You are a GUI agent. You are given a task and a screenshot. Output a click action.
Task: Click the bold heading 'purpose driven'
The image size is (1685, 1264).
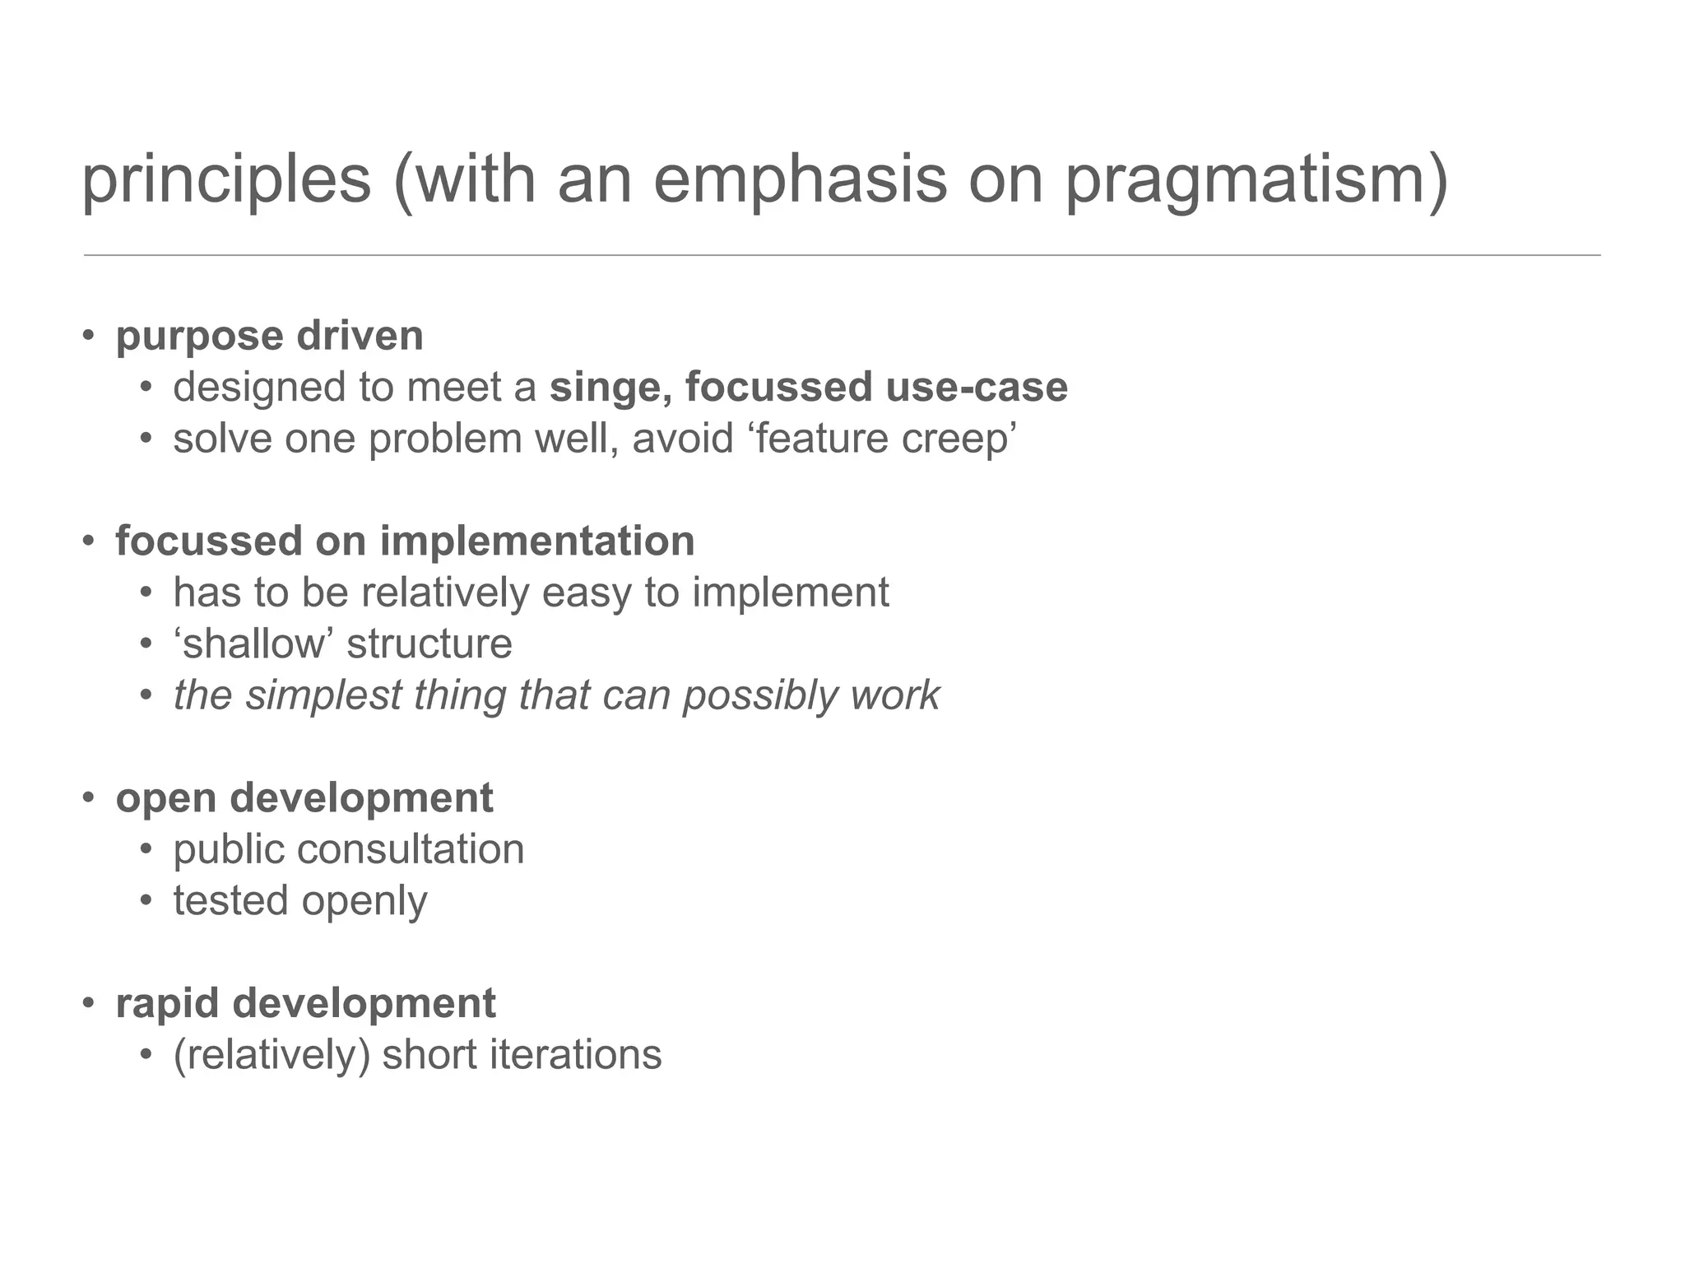click(269, 336)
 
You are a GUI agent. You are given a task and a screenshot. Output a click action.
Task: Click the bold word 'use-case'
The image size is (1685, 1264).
click(977, 387)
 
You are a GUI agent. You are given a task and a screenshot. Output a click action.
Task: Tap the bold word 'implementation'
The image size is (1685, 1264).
click(536, 541)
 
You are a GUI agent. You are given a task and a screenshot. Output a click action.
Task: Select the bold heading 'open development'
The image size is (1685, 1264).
click(304, 798)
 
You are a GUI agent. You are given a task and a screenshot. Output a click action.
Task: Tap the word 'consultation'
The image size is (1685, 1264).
click(410, 849)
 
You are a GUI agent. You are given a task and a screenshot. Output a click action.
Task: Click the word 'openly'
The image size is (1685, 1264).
click(364, 902)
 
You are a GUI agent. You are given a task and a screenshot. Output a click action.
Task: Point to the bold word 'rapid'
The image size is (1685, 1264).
click(167, 1005)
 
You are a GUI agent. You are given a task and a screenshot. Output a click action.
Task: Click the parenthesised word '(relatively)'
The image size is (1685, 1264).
click(272, 1056)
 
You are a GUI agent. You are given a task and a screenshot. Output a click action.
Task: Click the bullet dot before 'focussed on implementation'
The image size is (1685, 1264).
click(89, 541)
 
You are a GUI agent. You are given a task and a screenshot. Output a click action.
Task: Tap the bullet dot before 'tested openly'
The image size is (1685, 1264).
click(146, 901)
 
